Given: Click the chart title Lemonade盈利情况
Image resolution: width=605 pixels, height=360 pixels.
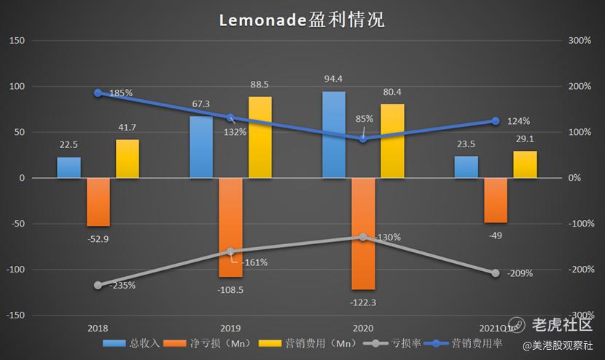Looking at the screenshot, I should click(302, 20).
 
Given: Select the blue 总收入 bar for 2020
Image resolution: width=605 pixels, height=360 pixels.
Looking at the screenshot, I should click(334, 135).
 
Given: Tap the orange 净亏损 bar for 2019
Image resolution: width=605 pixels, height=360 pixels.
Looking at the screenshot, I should click(230, 227).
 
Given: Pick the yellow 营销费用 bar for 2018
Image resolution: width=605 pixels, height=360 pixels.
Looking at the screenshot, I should click(127, 159).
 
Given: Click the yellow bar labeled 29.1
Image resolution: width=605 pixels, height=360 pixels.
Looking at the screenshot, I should click(525, 165).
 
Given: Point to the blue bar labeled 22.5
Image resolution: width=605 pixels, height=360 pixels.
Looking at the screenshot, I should click(69, 168).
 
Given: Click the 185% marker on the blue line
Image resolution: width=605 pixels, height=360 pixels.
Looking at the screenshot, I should click(98, 93).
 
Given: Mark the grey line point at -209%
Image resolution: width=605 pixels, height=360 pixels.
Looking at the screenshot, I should click(496, 273).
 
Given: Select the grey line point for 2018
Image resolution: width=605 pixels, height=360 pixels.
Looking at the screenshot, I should click(98, 285).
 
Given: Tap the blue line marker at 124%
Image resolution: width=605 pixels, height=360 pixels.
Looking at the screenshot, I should click(496, 121).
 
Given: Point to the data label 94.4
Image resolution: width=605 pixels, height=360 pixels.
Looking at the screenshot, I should click(333, 79).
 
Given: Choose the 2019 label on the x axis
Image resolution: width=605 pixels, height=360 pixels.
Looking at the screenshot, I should click(230, 329).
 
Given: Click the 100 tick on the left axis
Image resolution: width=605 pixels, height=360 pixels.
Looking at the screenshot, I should click(17, 86).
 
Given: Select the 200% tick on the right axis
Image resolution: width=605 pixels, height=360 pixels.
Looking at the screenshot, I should click(579, 86).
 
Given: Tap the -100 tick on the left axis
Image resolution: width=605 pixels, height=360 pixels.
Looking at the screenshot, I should click(15, 270).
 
